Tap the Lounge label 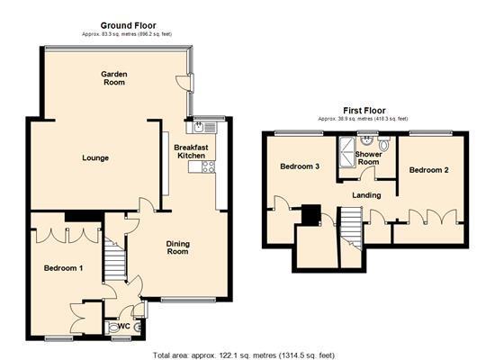95,158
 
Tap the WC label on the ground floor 114,328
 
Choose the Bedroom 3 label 299,166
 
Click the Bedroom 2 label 428,169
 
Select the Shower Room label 369,158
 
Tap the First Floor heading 363,110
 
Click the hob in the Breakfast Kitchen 208,165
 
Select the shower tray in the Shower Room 346,146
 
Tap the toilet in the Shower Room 384,144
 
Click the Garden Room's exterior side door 183,83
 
